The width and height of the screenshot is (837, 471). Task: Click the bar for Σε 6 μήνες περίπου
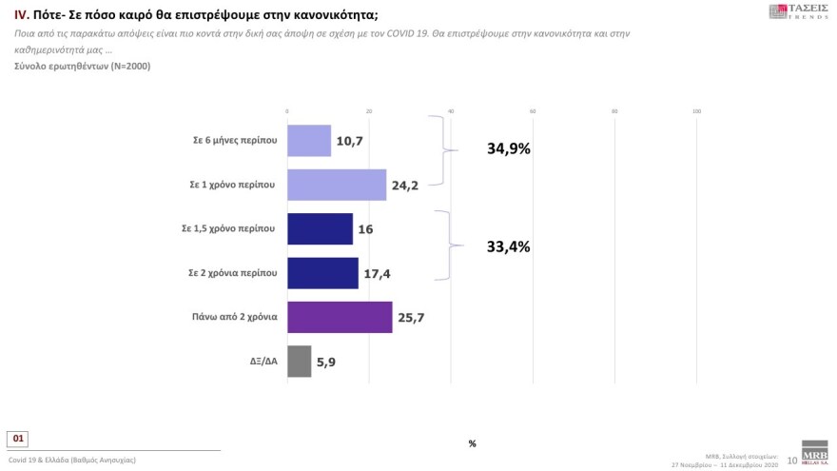coord(308,140)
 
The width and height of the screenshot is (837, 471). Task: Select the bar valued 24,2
coord(336,185)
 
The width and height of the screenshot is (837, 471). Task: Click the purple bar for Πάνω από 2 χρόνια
coord(339,317)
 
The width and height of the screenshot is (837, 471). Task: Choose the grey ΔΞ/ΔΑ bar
coord(299,361)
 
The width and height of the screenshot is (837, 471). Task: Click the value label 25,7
coord(411,318)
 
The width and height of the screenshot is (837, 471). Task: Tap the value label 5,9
coord(328,362)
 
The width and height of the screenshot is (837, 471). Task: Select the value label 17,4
coord(377,273)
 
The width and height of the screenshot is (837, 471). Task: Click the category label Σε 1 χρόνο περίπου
coord(234,185)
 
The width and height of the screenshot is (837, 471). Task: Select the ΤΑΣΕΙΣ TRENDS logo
coord(797,12)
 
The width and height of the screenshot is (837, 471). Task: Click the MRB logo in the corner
coord(815,454)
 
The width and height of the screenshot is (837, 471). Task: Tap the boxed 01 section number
coord(19,439)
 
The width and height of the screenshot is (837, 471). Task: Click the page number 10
coord(792,460)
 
